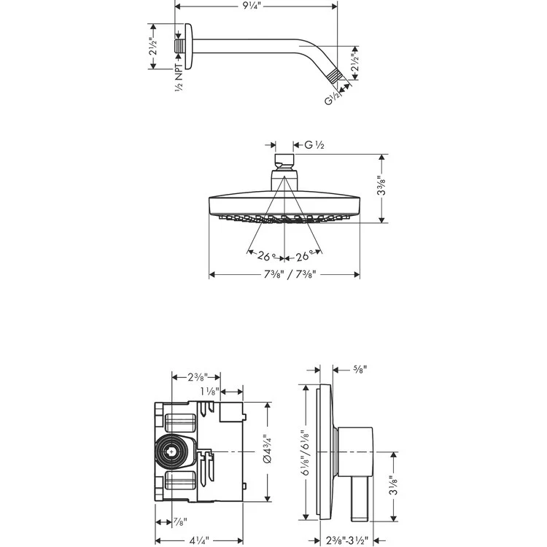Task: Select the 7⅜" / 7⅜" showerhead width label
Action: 284,274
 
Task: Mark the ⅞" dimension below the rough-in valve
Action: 179,522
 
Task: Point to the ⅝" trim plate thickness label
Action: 358,370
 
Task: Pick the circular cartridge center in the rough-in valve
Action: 172,452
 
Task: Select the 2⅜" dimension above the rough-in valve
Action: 196,376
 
